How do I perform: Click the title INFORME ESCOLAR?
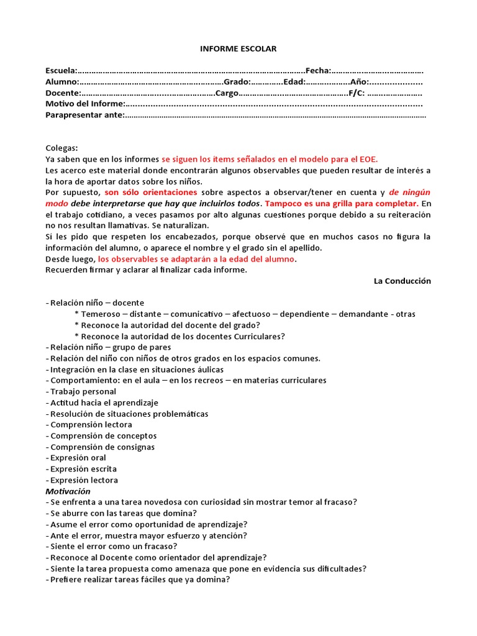click(x=238, y=48)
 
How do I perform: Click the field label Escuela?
click(x=61, y=71)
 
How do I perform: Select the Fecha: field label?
click(x=317, y=71)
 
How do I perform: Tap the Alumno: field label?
click(x=62, y=82)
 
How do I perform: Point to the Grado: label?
click(x=237, y=82)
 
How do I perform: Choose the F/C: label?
click(x=357, y=93)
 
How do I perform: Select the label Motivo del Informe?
click(x=85, y=104)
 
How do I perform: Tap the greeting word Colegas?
click(x=62, y=148)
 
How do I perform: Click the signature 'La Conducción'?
click(x=402, y=281)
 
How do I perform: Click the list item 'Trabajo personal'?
click(x=83, y=391)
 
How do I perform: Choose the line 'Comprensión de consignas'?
click(x=102, y=447)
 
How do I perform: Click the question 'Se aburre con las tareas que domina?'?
click(x=124, y=513)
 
